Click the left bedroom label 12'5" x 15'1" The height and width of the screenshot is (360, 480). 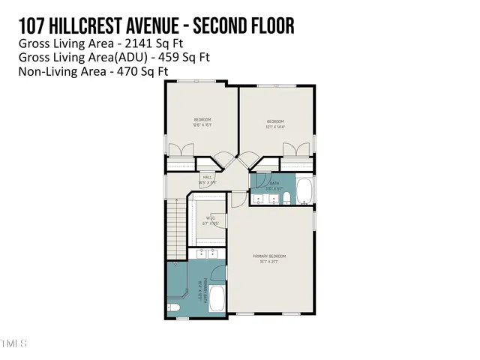tap(202, 122)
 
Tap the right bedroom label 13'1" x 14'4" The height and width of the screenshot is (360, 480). tap(275, 124)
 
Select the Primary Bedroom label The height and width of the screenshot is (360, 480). tap(269, 259)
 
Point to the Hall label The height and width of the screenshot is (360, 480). tap(207, 180)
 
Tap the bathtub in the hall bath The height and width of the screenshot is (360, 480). tap(303, 191)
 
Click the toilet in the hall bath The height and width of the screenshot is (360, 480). tap(287, 198)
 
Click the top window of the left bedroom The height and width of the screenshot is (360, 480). tap(202, 82)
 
